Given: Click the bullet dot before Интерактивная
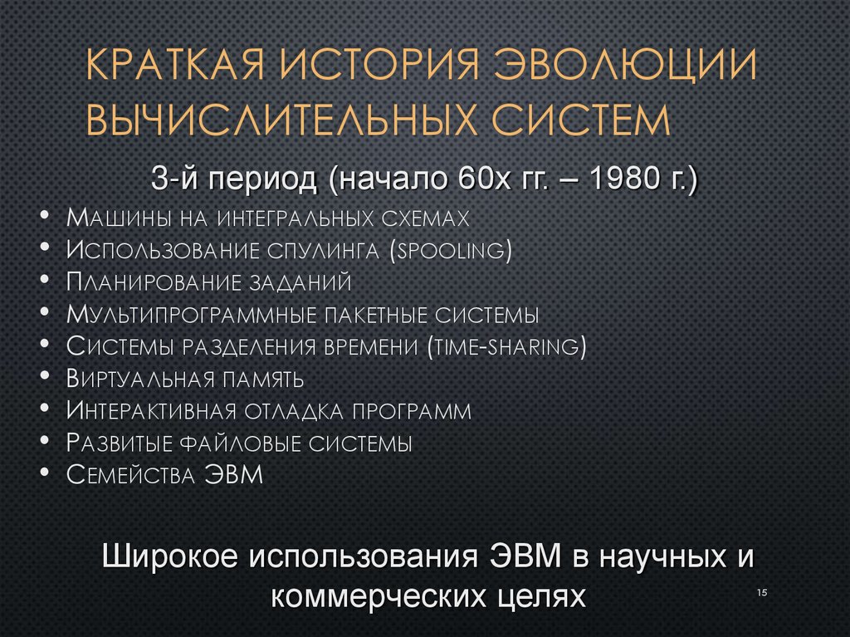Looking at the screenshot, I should [43, 411].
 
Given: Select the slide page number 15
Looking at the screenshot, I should [762, 592].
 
